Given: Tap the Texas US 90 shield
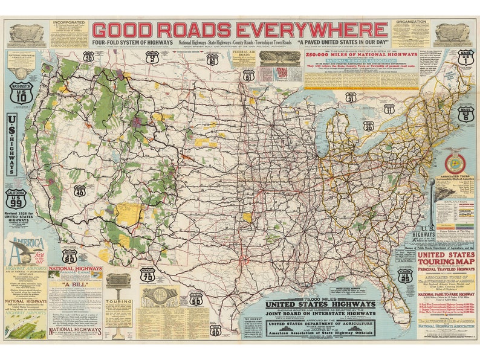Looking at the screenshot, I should [x=215, y=329].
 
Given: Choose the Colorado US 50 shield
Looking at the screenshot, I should [x=196, y=298].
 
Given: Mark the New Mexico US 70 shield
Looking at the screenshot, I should [x=147, y=276].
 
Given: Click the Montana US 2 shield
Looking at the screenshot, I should [x=152, y=57].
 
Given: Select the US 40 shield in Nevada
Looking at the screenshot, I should [x=80, y=190].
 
